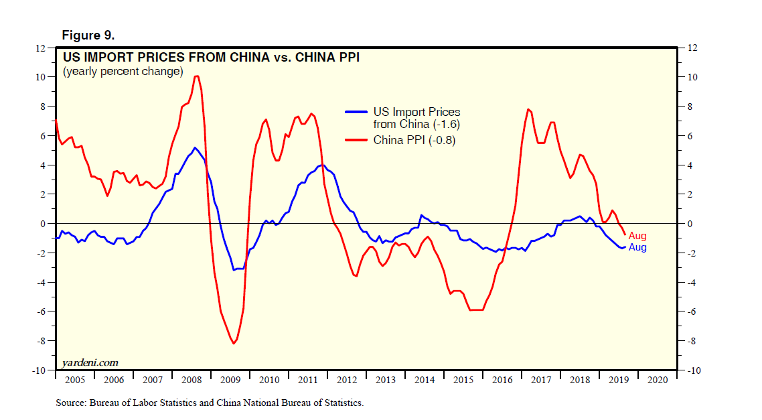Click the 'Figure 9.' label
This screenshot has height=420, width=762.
[x=83, y=35]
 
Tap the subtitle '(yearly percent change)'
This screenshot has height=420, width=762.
[x=123, y=71]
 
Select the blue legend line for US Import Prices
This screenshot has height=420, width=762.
[x=356, y=112]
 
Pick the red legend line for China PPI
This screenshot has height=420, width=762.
[x=356, y=140]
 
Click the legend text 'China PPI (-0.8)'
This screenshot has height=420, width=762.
[x=414, y=140]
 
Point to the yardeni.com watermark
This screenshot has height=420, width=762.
[x=90, y=362]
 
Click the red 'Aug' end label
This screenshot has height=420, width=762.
[x=637, y=236]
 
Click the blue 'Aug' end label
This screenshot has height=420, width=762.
[x=637, y=247]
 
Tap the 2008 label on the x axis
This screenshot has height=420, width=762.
[x=192, y=380]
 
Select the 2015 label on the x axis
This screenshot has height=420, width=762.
[x=463, y=380]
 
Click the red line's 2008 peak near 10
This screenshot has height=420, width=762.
[x=196, y=76]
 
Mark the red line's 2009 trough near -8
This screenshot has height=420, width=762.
[x=234, y=343]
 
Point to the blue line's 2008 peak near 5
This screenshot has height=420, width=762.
[x=194, y=147]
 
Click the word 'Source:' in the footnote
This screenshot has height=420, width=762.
[x=70, y=403]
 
